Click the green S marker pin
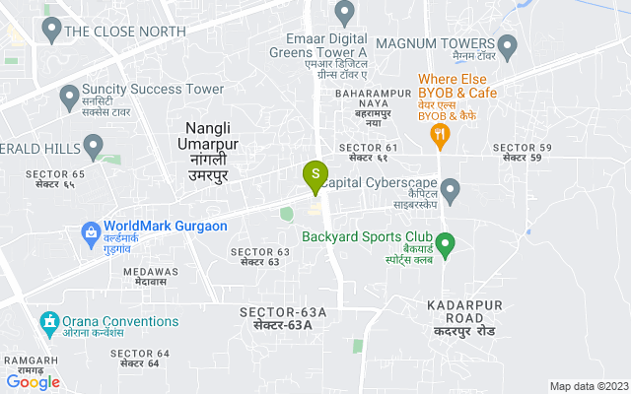315,176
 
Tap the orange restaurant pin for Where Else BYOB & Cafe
441,134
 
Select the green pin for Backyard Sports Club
445,242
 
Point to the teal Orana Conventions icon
47,322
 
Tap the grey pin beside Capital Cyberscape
451,187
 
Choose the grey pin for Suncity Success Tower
69,96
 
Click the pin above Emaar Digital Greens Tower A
344,13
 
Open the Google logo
34,382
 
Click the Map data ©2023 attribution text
588,386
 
